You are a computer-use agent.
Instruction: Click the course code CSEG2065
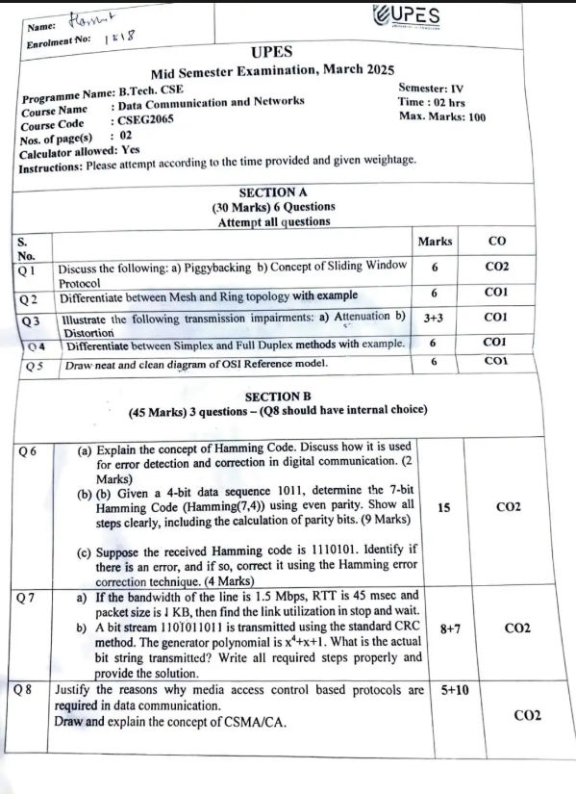pos(144,122)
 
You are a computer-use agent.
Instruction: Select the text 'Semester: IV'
pos(430,88)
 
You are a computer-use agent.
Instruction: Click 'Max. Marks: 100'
pos(441,116)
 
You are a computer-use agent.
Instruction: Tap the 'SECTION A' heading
pos(272,192)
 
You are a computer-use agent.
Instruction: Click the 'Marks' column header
pos(435,241)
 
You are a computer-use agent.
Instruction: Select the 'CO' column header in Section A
pos(496,241)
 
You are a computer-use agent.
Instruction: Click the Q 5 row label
pos(36,365)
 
